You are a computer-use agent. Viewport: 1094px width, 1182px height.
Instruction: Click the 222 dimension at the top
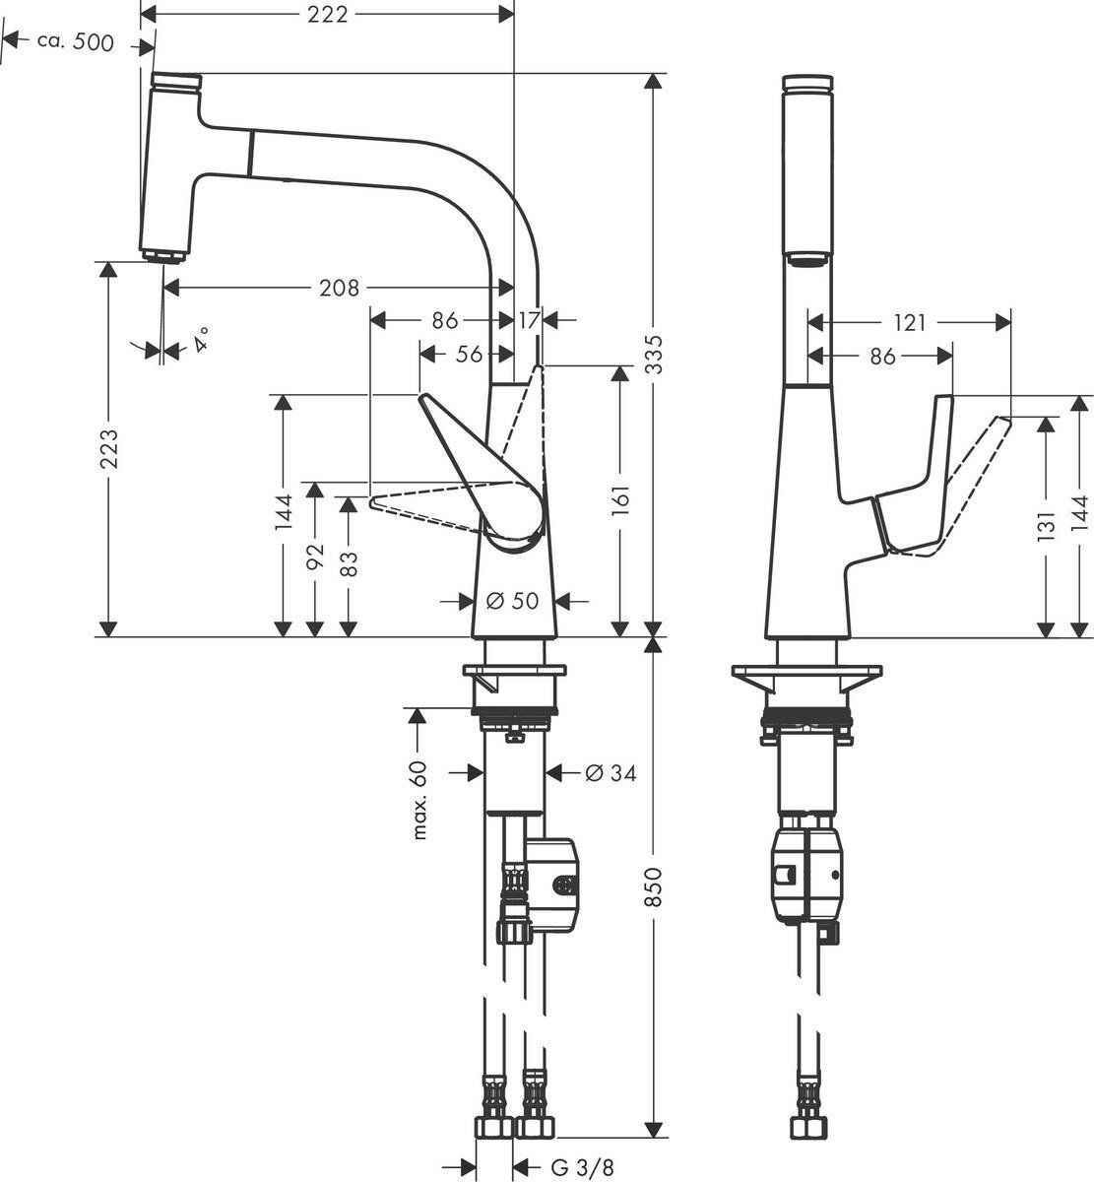tap(328, 14)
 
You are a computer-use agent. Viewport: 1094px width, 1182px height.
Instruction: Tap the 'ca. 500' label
tap(75, 42)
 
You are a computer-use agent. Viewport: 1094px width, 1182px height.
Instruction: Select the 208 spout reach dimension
tap(340, 288)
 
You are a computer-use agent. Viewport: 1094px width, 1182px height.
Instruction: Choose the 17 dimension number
tap(530, 320)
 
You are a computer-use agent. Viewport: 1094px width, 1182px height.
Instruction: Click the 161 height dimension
tap(620, 501)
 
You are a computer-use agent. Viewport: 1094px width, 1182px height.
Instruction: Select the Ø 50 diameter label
tap(513, 600)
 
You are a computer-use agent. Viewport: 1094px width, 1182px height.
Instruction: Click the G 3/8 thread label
tap(582, 1167)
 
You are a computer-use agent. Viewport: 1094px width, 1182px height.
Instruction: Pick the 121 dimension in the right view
tap(910, 322)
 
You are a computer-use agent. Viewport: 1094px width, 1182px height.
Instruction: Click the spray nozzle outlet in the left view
tap(163, 256)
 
